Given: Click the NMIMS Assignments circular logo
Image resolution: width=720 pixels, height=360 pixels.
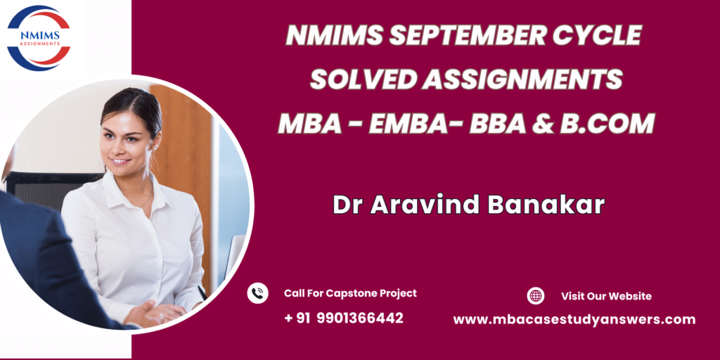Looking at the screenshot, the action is [39, 38].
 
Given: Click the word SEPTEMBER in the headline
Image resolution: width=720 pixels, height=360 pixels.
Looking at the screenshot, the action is [467, 35].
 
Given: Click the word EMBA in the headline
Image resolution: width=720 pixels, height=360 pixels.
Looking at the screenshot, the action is [407, 124].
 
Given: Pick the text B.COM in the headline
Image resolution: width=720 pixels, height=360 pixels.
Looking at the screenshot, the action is [607, 124].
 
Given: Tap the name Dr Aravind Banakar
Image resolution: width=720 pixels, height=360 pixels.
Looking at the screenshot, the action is [468, 205].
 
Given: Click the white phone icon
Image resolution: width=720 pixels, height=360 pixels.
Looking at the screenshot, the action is [257, 293].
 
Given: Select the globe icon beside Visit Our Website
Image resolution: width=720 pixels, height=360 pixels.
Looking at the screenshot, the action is [535, 296].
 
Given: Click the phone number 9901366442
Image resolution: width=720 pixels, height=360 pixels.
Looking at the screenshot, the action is [360, 318].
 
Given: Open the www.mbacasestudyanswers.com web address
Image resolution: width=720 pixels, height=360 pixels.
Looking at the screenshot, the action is [574, 320].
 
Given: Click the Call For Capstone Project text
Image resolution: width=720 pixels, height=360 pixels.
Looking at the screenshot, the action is [350, 293].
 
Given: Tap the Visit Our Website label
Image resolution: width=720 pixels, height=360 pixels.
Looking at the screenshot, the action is [606, 296].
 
